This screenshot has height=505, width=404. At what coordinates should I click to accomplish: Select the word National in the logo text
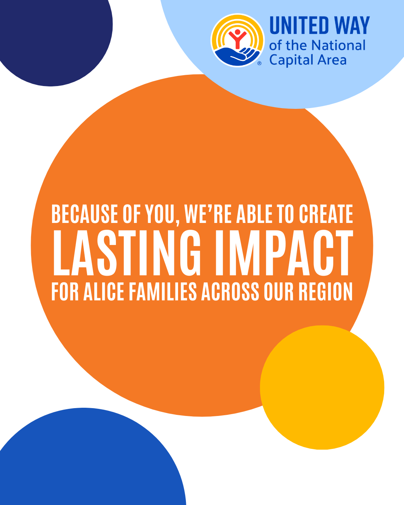click(338, 45)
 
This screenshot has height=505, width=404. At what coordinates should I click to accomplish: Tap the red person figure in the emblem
click(238, 39)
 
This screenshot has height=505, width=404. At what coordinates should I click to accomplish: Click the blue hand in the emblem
click(237, 56)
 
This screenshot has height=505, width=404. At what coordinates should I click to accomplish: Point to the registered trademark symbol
click(259, 63)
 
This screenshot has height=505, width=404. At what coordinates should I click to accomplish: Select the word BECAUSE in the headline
click(85, 214)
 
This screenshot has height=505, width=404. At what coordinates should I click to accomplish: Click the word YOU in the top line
click(161, 214)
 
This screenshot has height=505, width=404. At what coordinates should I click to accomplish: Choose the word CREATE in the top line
click(326, 214)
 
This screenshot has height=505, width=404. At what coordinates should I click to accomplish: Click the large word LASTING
click(127, 253)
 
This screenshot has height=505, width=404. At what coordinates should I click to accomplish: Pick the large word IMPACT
click(284, 253)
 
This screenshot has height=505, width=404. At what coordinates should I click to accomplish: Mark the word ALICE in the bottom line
click(104, 291)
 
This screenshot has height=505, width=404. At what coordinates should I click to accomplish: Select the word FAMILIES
click(163, 291)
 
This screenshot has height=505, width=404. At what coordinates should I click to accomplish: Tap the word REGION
click(326, 291)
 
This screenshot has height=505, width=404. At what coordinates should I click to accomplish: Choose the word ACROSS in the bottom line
click(230, 291)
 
